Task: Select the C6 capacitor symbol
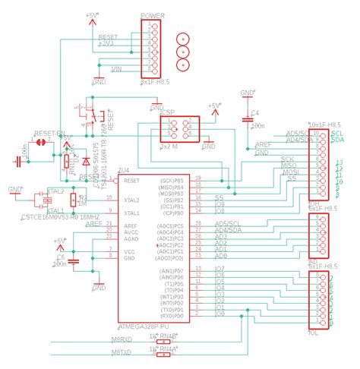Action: coord(74,261)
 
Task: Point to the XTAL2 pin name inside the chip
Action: coord(131,200)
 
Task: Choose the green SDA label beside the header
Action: coord(338,140)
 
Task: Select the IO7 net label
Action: coord(221,269)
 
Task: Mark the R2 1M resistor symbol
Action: coord(74,200)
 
